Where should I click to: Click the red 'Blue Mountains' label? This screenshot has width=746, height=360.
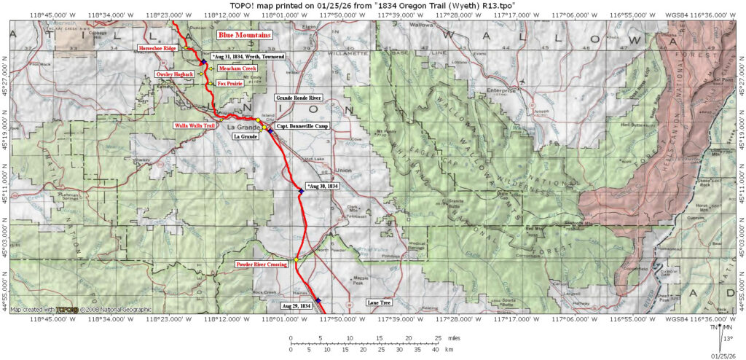pos(245,34)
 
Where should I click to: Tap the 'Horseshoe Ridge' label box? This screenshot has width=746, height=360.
pos(158,48)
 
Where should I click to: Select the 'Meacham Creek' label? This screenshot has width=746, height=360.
pos(232,69)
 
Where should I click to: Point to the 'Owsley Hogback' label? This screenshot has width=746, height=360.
pos(174,74)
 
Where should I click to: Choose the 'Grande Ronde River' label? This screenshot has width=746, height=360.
pos(298,97)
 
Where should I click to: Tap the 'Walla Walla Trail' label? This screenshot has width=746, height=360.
pos(194,125)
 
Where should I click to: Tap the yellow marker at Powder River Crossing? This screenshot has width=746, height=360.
pos(297,259)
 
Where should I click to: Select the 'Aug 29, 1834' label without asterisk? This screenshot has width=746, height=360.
pos(296,305)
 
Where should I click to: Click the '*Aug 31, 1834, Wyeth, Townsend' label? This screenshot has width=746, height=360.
pos(247,56)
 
